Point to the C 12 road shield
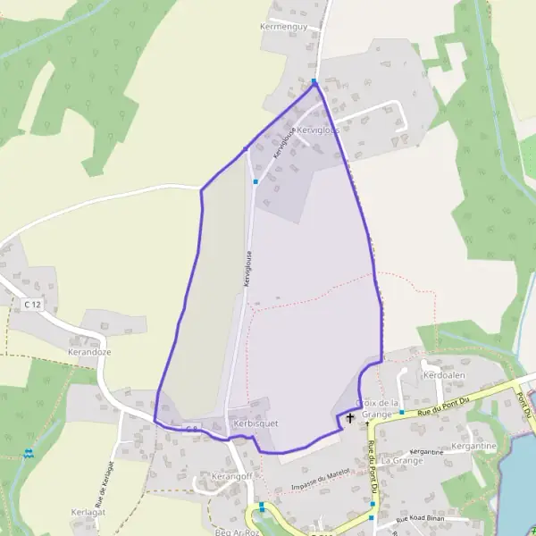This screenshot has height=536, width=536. point(33,306)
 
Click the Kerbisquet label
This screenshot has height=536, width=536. point(250,421)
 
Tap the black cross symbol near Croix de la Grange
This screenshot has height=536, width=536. point(349,417)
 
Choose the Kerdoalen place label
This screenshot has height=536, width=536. point(445,376)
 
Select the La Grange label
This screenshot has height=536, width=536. point(401,460)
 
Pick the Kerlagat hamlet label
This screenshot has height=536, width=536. point(88,513)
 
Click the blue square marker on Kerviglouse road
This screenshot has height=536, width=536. point(255,182)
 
